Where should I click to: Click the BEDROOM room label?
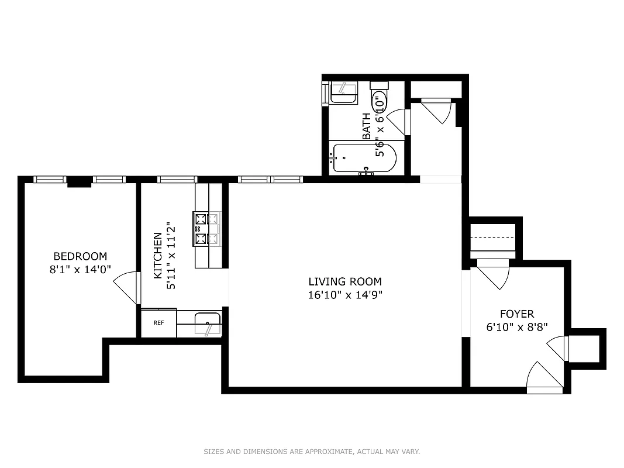(x=80, y=256)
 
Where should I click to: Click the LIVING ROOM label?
(x=345, y=282)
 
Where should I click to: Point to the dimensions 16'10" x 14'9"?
(x=345, y=295)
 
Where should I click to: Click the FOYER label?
(x=516, y=315)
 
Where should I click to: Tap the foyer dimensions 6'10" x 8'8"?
(x=516, y=328)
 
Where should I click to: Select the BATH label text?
(x=367, y=126)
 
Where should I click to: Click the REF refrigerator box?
(x=158, y=323)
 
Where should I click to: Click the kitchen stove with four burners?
(x=207, y=229)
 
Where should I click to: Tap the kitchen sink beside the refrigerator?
(x=208, y=323)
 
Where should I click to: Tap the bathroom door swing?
(x=398, y=122)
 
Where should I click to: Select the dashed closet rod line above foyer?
(x=492, y=238)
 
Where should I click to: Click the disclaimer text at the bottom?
(x=312, y=452)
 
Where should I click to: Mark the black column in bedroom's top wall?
(x=79, y=183)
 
